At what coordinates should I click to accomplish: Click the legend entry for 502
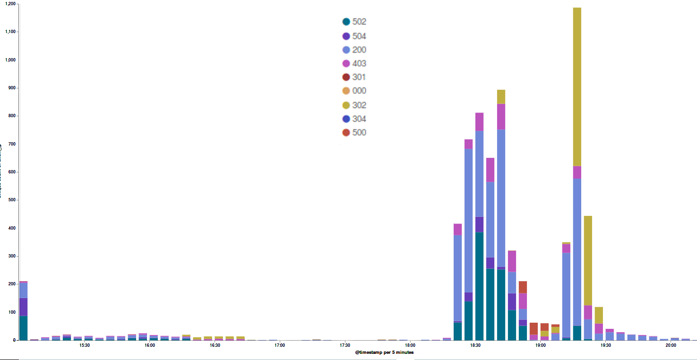(354, 22)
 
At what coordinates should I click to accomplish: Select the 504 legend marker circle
(346, 36)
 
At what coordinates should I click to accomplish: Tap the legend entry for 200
(354, 50)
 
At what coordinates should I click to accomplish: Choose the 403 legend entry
(354, 63)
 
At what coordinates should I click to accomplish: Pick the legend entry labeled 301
(354, 77)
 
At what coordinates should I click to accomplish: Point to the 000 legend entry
(354, 91)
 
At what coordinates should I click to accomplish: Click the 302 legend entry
(354, 105)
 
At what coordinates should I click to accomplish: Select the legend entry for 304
(354, 119)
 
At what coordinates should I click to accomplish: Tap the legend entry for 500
(354, 132)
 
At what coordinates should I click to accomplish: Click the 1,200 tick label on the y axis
(9, 4)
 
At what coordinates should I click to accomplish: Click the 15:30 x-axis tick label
(85, 345)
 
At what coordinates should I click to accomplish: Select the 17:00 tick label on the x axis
(280, 345)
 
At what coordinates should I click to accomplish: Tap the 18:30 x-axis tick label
(475, 345)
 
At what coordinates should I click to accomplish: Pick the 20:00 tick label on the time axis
(671, 345)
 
